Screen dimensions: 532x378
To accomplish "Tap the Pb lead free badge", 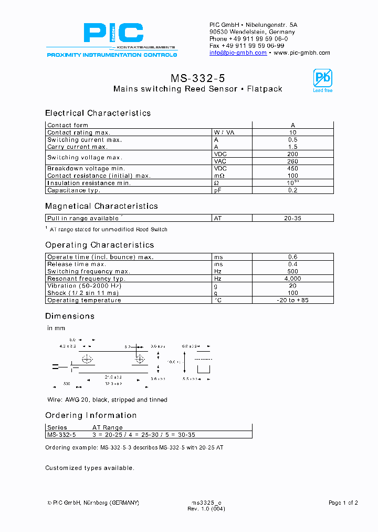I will pos(322,80).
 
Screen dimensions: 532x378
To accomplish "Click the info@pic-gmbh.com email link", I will pos(238,53).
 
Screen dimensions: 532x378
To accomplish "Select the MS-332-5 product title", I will pos(197,78).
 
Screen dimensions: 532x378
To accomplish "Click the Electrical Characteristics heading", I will pos(98,113).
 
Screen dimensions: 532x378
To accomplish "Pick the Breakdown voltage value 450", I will pos(293,169).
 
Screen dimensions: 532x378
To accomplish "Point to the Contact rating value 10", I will pos(293,132).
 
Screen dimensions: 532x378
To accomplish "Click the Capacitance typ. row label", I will pos(73,190).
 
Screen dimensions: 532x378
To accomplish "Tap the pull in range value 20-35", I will pos(293,218).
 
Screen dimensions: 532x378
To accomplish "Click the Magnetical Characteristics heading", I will pos(101,206).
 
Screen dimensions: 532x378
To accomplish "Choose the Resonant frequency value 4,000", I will pos(293,279).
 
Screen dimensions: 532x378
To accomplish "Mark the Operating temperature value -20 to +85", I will pos(293,300).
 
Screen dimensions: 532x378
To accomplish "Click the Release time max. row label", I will pos(77,264).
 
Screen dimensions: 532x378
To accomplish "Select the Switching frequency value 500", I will pos(293,271).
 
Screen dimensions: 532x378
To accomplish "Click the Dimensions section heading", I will pos(70,316).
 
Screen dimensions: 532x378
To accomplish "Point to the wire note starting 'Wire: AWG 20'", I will pos(107,400).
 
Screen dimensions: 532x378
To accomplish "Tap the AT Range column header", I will pos(108,427).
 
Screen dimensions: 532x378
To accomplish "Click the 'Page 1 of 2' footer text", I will pos(343,503).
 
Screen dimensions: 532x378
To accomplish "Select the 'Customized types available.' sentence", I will pos(89,468).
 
